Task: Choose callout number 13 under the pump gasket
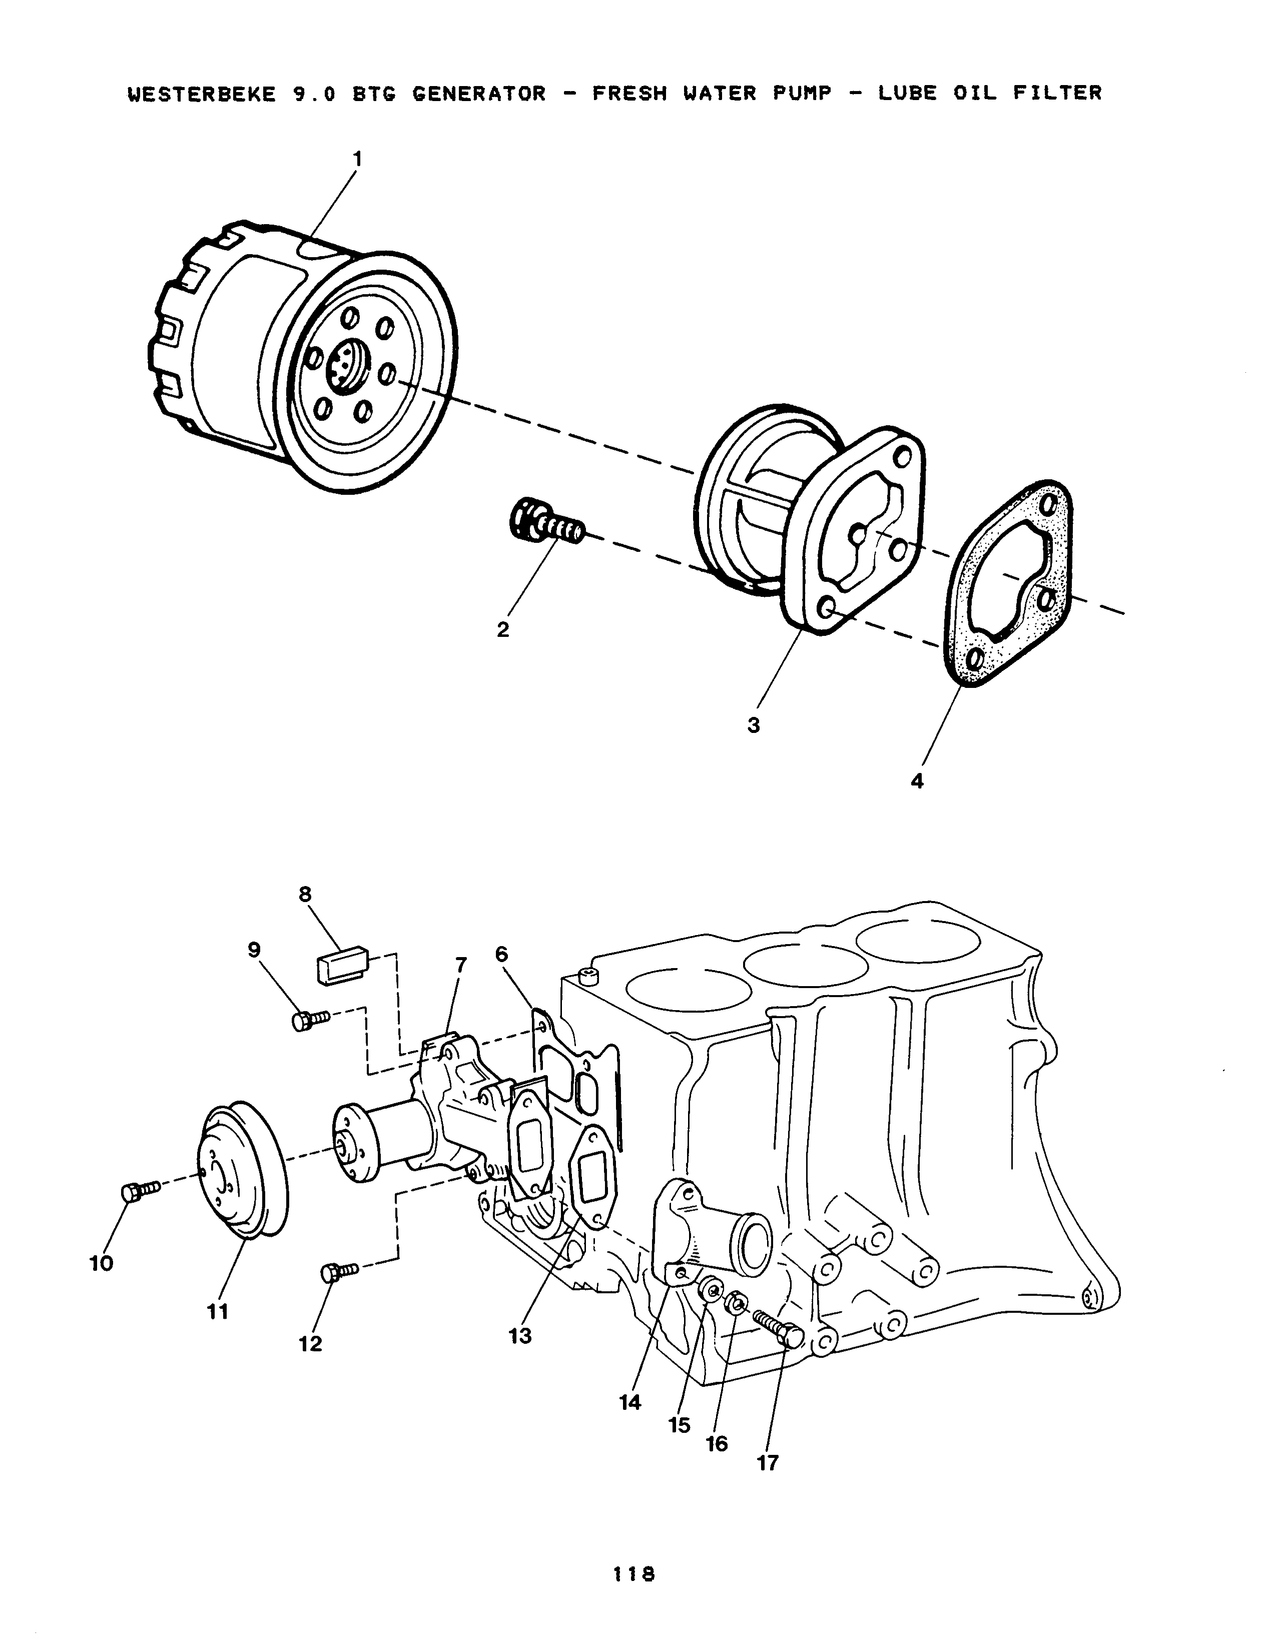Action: click(x=520, y=1336)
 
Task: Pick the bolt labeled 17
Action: click(x=779, y=1330)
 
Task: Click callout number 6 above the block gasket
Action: click(x=502, y=954)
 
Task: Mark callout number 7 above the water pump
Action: click(x=460, y=966)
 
